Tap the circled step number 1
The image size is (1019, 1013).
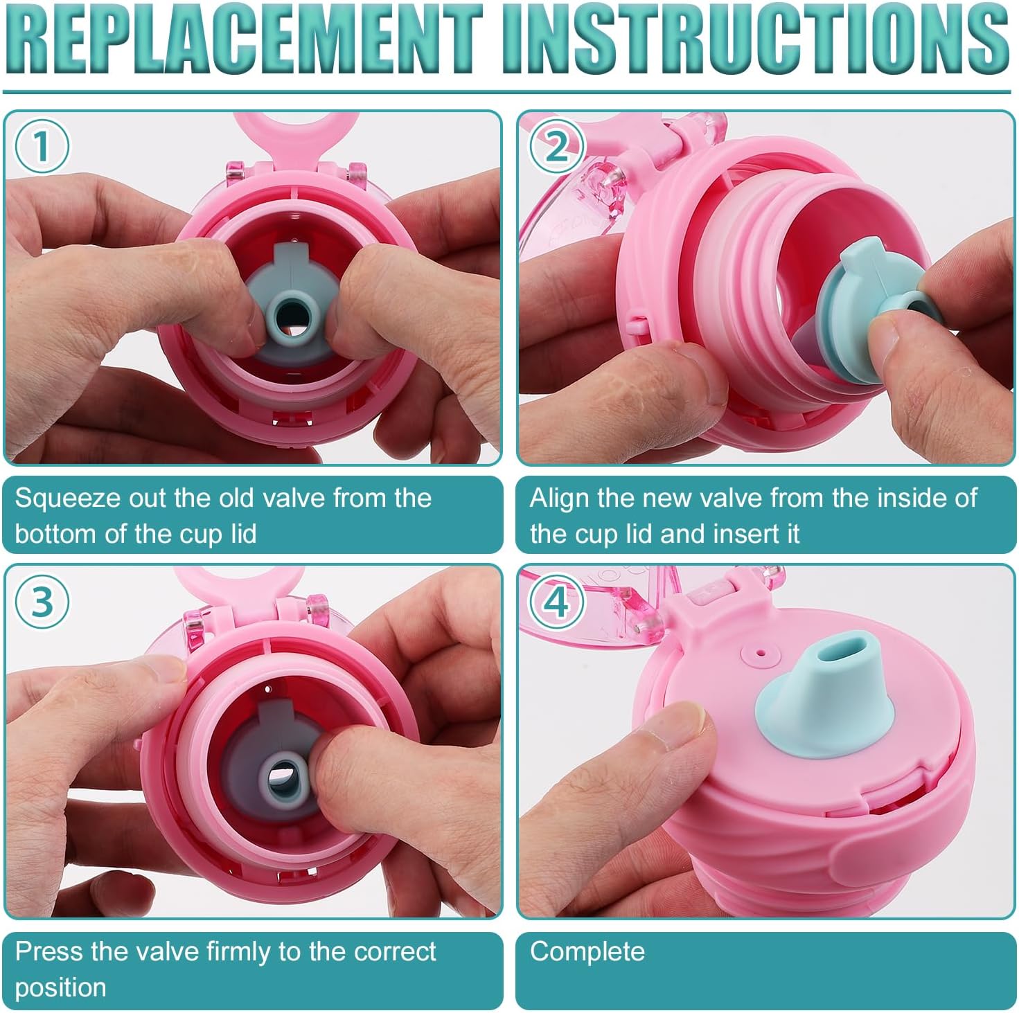[x=42, y=147]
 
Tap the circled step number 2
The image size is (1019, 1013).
[x=556, y=147]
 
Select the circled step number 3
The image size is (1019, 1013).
[x=42, y=601]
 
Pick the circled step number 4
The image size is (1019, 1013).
[x=556, y=602]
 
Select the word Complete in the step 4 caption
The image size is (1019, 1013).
[x=587, y=952]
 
